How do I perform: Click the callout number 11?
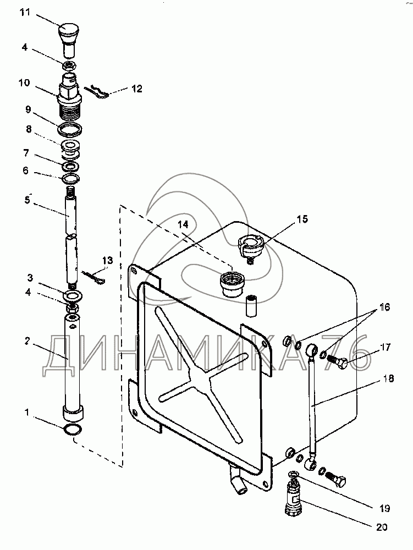tap(25, 13)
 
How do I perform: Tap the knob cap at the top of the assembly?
tap(69, 38)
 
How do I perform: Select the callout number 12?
tap(137, 89)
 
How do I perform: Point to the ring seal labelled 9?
tap(70, 130)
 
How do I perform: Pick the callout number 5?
tap(27, 200)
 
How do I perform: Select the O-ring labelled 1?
tap(73, 430)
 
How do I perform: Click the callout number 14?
tap(183, 224)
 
